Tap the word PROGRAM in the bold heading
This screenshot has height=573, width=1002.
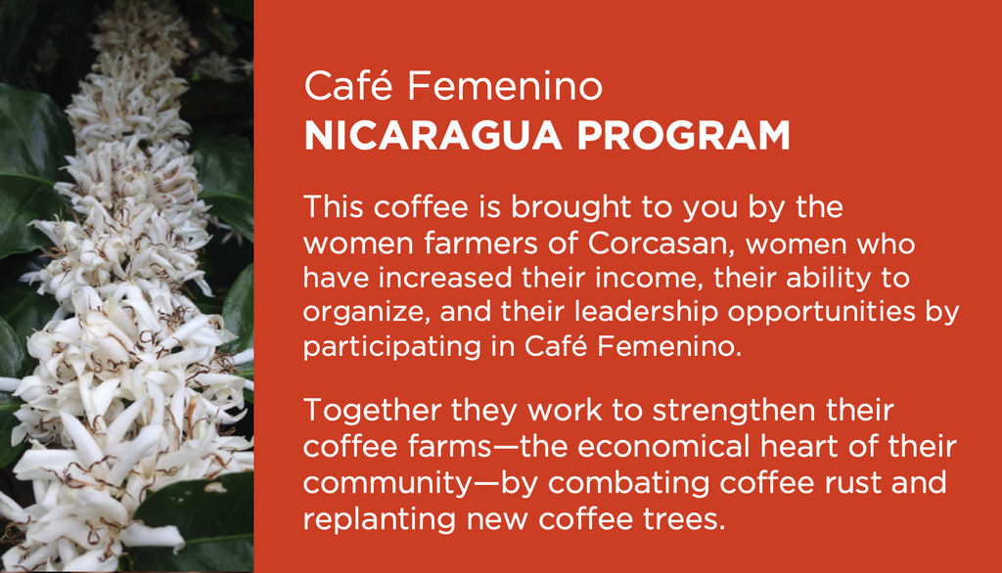(x=684, y=135)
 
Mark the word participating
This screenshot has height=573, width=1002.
(x=392, y=347)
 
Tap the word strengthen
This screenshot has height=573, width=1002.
(x=734, y=410)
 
